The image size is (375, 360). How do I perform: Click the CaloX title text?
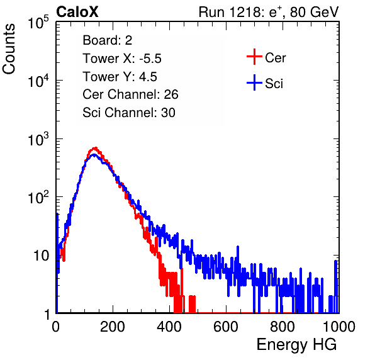coord(77,12)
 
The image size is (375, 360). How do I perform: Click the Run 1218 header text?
coord(269,12)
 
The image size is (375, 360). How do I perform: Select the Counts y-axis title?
coord(9,49)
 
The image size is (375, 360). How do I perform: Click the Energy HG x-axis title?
coord(296,345)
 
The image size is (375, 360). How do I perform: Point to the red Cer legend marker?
coord(254,57)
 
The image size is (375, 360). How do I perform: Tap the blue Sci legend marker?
coord(254,83)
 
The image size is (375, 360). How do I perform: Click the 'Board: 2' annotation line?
coord(108,40)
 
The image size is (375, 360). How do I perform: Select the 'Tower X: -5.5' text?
coord(122,59)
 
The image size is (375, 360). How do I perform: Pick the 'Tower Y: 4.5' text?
coord(120,77)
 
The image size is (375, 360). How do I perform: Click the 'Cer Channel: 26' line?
coord(130,94)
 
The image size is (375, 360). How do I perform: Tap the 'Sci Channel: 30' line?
coord(129,113)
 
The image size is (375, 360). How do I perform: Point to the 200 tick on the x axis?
coord(113,327)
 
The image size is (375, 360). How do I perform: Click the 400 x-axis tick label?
coord(169,327)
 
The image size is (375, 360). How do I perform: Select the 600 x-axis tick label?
coord(226,327)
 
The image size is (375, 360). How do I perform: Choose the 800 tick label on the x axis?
coord(283,327)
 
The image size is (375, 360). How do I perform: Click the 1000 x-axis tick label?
coord(339,327)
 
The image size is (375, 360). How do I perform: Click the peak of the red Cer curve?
coord(96,148)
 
